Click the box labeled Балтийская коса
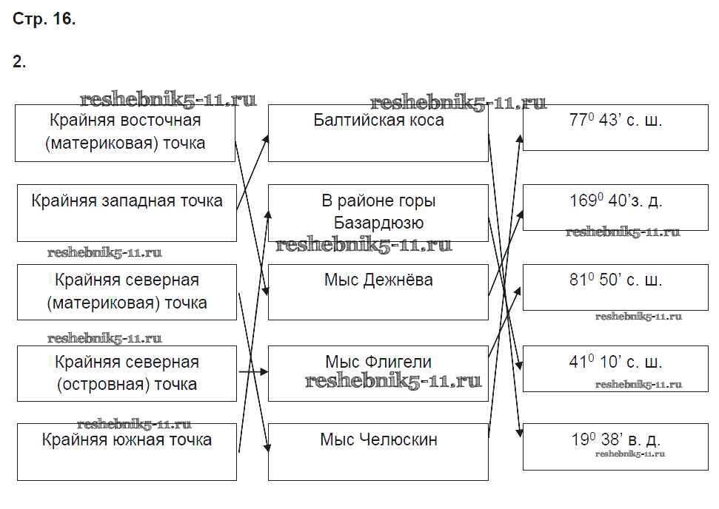click(378, 133)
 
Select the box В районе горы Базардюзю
click(378, 212)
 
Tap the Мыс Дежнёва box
click(378, 291)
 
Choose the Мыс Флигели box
click(378, 373)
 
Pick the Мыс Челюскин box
click(378, 451)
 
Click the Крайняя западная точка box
click(127, 213)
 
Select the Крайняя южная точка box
click(127, 451)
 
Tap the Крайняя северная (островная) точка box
click(127, 373)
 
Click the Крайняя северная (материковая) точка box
click(127, 291)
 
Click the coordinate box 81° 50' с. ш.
click(615, 287)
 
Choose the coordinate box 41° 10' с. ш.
click(615, 368)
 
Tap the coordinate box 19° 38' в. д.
click(615, 446)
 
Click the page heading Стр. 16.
click(44, 20)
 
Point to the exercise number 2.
click(19, 62)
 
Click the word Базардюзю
click(378, 223)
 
